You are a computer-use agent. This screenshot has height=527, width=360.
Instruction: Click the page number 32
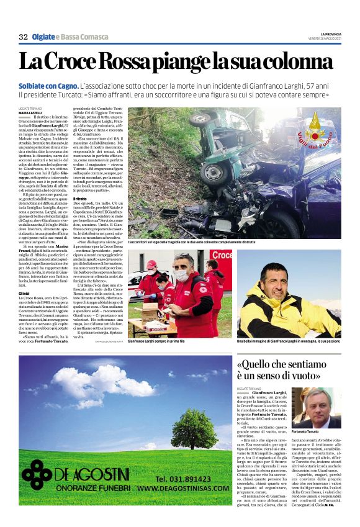coord(23,37)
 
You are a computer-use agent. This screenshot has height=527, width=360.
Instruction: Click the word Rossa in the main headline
coord(133,62)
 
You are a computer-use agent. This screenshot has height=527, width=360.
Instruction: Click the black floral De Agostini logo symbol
coord(37,474)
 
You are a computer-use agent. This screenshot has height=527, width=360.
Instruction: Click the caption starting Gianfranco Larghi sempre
coord(153,341)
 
